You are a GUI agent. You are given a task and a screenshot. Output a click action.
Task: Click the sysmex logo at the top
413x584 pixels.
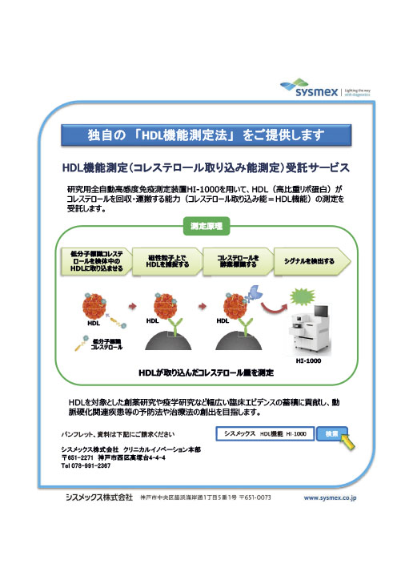(x=325, y=88)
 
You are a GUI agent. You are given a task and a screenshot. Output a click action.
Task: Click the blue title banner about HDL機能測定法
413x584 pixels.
(x=206, y=135)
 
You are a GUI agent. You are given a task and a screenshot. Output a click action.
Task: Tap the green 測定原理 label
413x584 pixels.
(x=206, y=226)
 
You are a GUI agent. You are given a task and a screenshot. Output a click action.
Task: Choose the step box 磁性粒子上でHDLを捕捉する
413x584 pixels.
(x=167, y=261)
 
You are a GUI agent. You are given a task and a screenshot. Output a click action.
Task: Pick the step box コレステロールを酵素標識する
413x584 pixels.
(x=239, y=261)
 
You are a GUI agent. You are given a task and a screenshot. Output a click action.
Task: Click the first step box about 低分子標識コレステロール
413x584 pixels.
(x=96, y=261)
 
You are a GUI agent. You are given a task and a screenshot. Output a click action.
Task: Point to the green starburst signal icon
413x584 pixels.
(x=302, y=297)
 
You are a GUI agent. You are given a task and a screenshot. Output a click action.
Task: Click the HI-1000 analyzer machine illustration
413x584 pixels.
(x=310, y=329)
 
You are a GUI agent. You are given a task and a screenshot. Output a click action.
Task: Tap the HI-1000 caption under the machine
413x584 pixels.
(x=308, y=360)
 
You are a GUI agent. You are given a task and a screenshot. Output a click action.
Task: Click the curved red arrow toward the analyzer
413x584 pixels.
(x=274, y=308)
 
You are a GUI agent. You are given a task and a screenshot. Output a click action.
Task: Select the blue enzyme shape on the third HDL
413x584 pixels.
(x=255, y=293)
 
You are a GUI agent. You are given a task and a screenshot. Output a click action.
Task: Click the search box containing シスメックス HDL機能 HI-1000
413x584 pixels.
(x=265, y=433)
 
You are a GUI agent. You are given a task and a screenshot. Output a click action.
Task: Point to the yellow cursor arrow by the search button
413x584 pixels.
(x=347, y=441)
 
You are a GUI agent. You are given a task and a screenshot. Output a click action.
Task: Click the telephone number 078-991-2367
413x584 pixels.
(x=90, y=465)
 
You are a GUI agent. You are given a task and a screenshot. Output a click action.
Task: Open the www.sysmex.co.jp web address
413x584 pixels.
(x=330, y=497)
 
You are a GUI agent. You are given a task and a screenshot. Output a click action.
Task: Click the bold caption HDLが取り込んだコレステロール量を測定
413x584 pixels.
(x=206, y=373)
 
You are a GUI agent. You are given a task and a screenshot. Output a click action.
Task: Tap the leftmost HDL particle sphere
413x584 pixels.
(x=94, y=306)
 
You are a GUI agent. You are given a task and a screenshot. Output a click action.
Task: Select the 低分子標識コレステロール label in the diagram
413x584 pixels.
(x=106, y=344)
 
